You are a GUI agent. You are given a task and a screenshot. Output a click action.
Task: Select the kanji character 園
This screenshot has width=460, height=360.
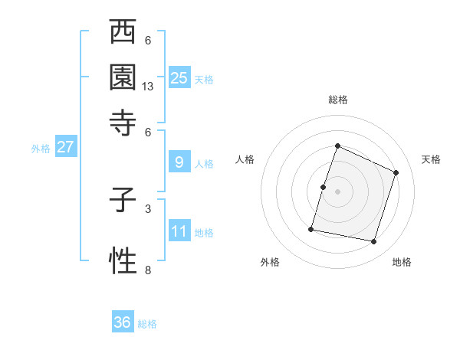[123, 77]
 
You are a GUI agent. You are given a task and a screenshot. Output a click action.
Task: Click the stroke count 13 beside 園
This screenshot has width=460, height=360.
[148, 87]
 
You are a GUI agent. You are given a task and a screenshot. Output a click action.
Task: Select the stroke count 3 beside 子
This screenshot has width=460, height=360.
[148, 208]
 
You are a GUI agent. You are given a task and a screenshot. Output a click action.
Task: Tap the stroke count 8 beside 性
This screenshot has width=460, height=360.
[148, 270]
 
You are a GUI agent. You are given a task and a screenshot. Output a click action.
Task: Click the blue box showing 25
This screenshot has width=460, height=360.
[179, 78]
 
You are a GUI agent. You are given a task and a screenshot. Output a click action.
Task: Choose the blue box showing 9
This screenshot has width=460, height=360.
[179, 162]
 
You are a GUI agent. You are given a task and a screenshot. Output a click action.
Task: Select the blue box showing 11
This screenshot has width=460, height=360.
[179, 231]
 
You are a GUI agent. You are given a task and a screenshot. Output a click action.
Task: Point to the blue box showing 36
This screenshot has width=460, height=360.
[122, 322]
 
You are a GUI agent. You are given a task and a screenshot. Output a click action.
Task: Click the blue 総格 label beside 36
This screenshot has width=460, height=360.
[147, 324]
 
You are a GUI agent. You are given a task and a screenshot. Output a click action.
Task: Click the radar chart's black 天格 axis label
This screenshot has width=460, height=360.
[431, 159]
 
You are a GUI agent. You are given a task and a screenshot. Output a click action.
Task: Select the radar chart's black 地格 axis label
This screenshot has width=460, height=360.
[402, 263]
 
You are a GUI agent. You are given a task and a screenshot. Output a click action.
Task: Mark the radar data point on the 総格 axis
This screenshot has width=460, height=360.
[337, 146]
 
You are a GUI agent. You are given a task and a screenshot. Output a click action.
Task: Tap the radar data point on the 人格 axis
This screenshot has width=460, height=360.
[323, 187]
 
